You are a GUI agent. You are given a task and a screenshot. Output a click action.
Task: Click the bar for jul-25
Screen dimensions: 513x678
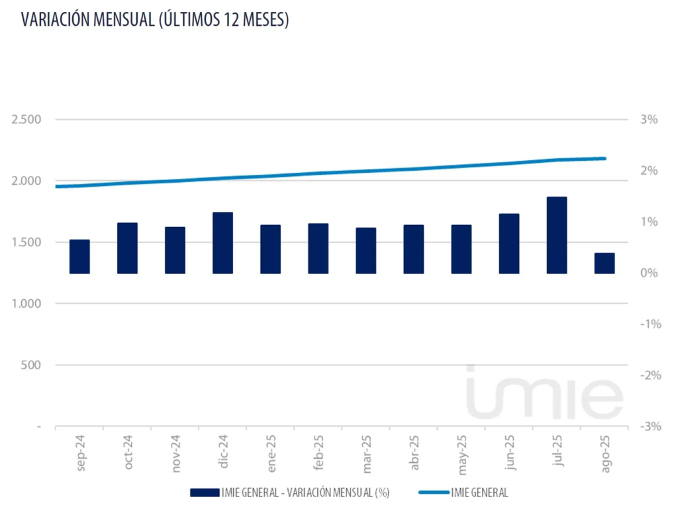pos(557,235)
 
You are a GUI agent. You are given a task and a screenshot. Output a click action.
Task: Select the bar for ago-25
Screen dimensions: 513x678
pos(605,263)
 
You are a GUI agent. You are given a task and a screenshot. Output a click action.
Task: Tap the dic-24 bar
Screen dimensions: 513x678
pos(222,243)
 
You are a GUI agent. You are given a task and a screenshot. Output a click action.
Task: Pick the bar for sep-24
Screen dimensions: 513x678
pos(79,256)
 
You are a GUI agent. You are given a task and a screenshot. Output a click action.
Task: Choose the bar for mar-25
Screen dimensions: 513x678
pos(366,250)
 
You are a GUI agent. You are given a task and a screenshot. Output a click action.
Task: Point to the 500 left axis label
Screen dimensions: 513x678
pos(30,365)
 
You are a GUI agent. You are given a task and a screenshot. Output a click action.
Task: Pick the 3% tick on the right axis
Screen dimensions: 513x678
pos(649,120)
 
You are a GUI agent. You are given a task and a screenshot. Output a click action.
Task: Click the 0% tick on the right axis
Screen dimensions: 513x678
pos(649,273)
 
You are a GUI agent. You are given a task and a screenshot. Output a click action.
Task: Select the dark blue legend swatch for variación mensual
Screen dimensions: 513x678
pos(204,492)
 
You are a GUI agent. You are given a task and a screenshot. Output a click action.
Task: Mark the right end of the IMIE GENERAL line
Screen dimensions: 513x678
pos(605,158)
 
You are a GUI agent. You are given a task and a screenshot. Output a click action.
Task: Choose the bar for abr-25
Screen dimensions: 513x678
pos(414,249)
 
